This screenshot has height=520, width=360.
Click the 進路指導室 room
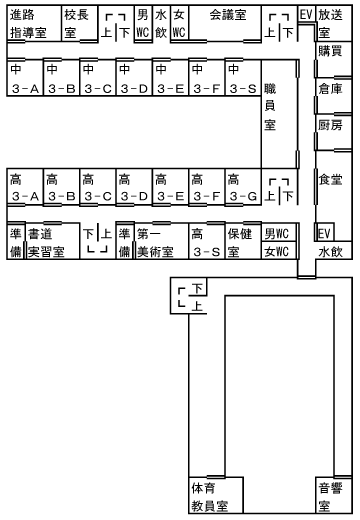click(x=30, y=24)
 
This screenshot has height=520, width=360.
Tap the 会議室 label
click(x=228, y=17)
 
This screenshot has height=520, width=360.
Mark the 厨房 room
click(x=331, y=126)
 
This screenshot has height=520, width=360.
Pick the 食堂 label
click(x=331, y=181)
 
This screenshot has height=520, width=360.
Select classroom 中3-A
click(x=23, y=80)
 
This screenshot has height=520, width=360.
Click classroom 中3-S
click(x=241, y=80)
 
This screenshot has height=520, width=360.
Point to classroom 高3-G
click(x=241, y=188)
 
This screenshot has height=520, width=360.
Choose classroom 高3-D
click(x=132, y=188)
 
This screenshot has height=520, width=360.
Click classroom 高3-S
click(x=204, y=242)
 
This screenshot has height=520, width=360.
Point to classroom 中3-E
click(x=168, y=80)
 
